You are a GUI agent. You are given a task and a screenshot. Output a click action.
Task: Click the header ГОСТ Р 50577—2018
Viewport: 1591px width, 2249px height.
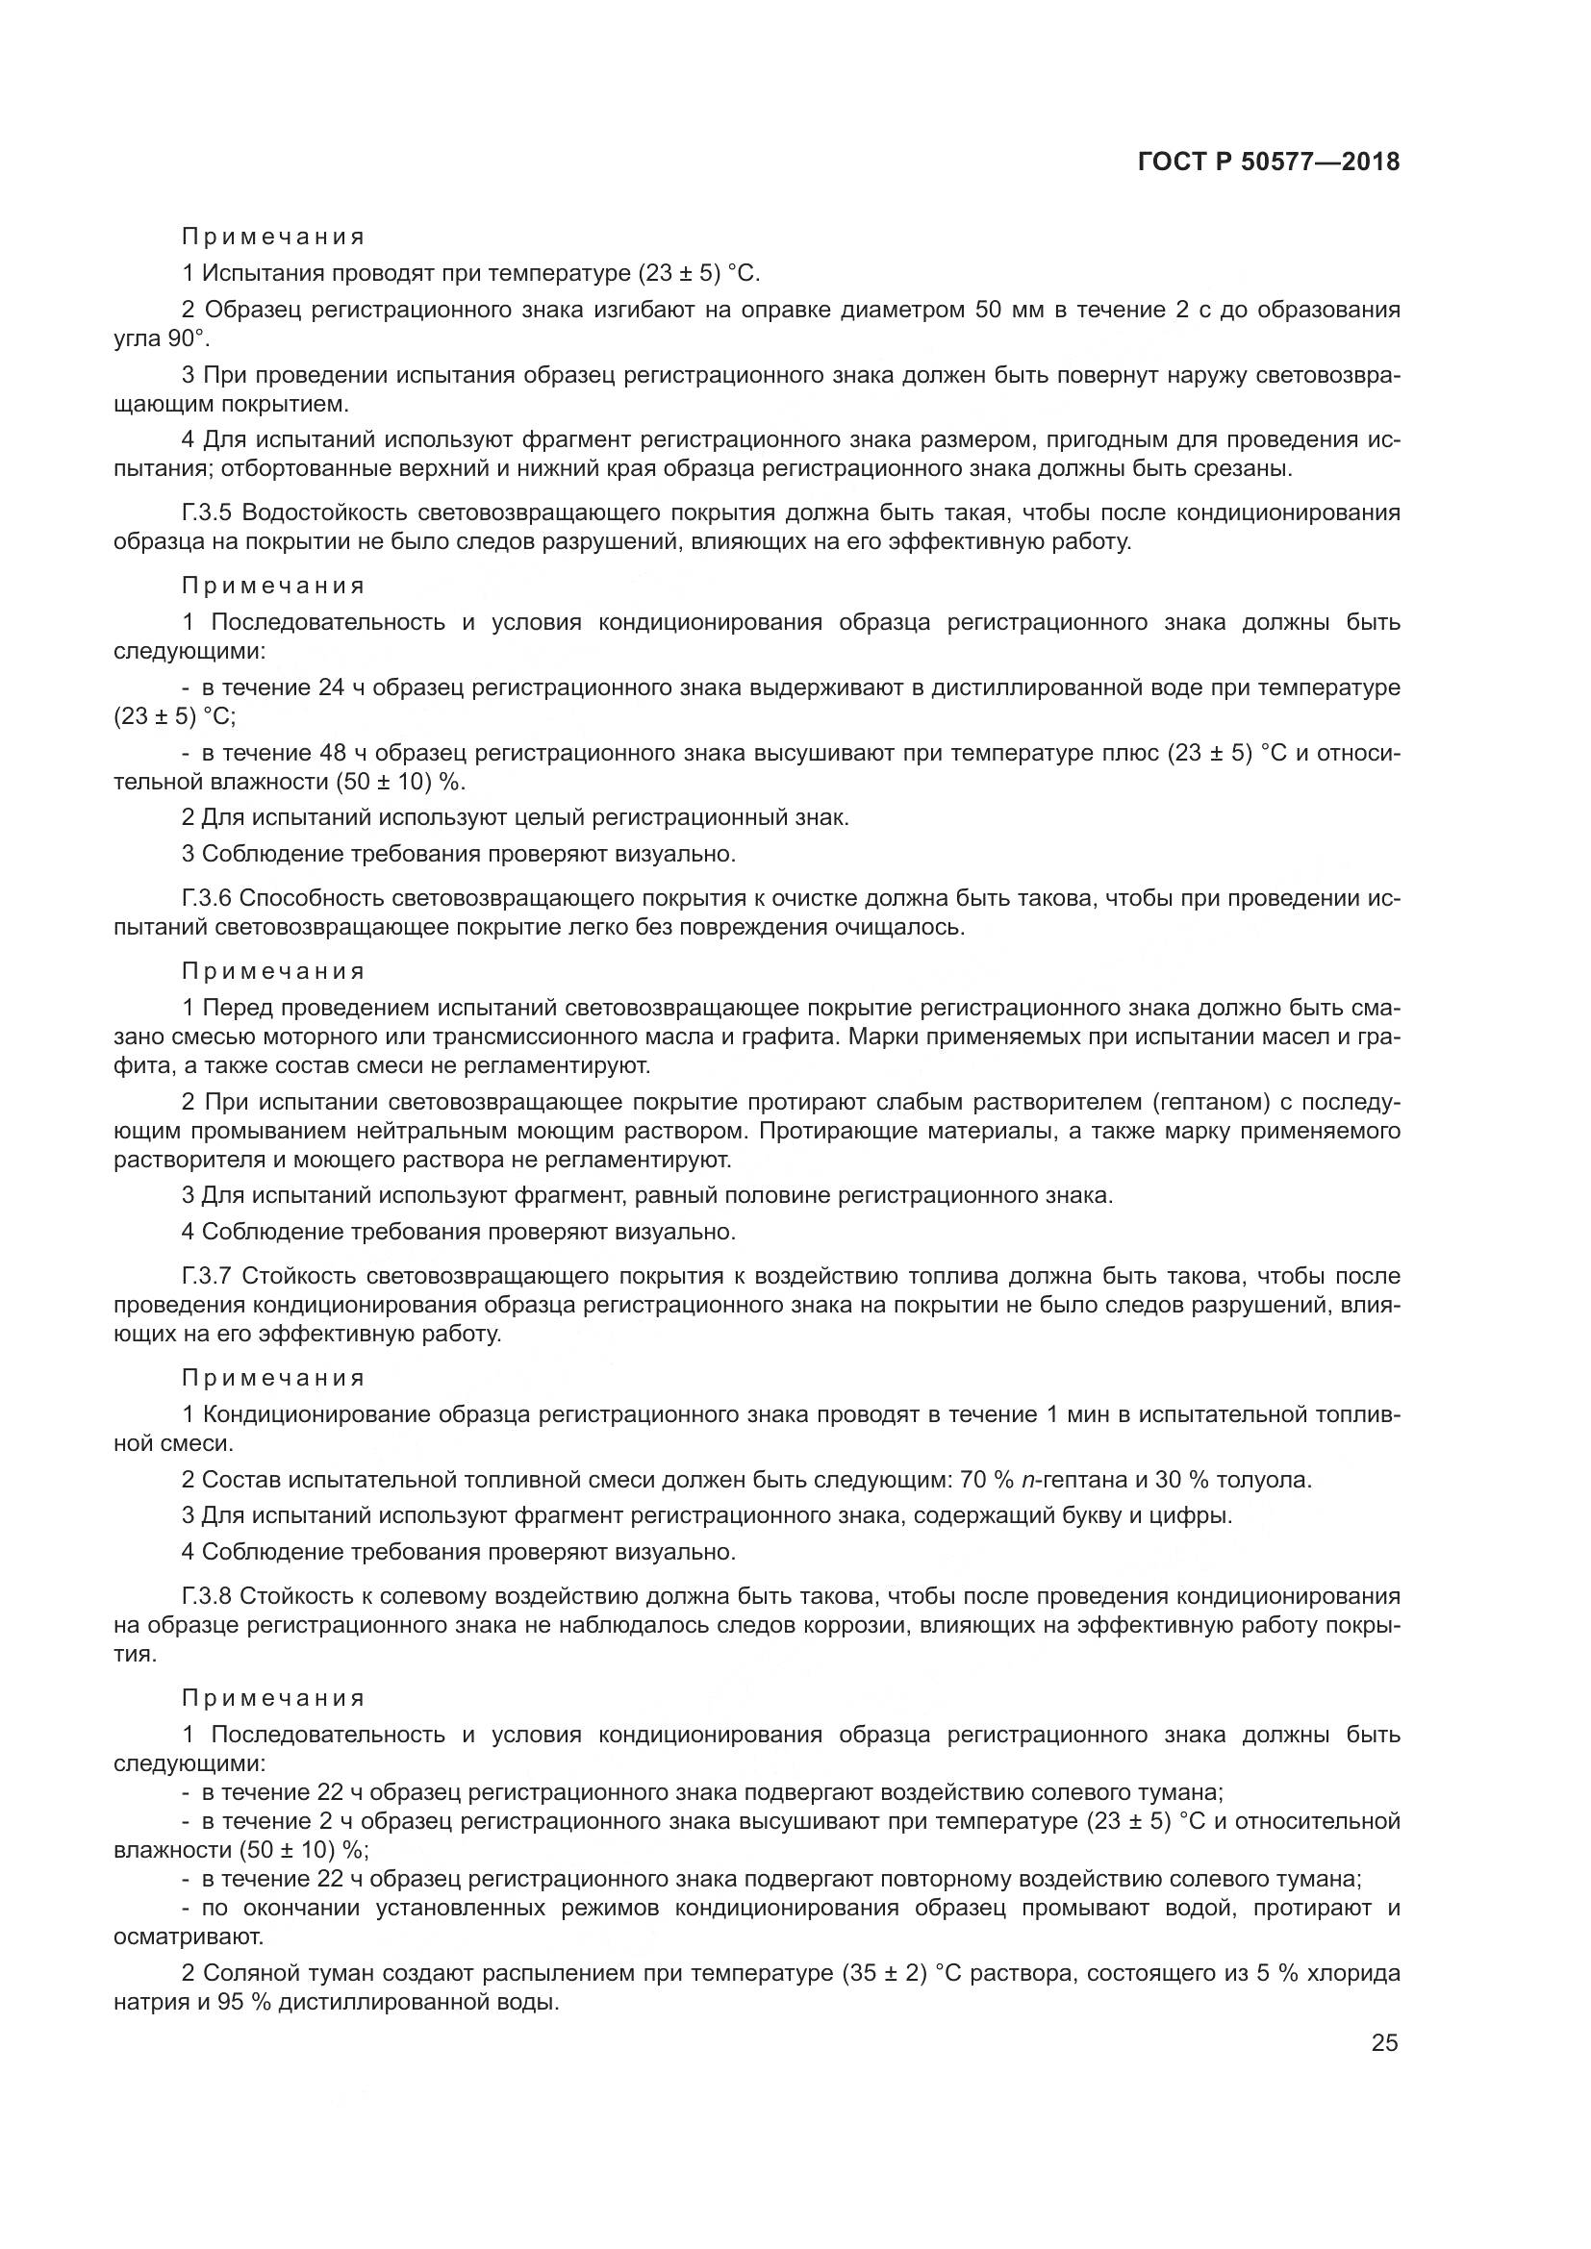1268,162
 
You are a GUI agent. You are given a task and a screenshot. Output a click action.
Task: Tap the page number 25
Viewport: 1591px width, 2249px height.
1384,2042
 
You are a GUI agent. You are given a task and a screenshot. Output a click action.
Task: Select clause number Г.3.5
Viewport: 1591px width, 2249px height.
208,513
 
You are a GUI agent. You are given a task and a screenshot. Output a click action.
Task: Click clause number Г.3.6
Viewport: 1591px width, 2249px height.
207,898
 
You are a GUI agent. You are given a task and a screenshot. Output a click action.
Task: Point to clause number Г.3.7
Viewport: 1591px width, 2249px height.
208,1276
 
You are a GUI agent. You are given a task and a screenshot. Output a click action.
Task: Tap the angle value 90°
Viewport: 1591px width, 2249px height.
189,338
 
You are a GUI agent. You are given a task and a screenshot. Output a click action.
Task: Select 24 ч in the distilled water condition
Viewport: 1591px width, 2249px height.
341,687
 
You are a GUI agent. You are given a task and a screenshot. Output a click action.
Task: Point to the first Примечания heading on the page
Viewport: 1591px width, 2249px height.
273,237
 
